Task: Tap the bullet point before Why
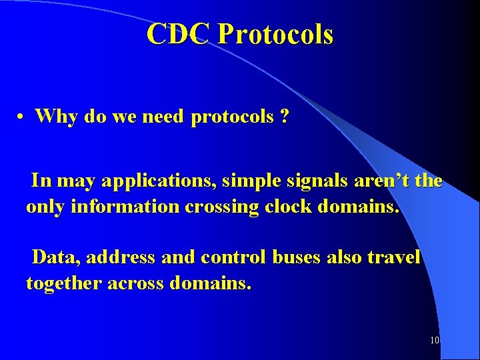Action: [22, 117]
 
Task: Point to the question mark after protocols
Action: [285, 117]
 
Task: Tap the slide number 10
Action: [434, 340]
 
